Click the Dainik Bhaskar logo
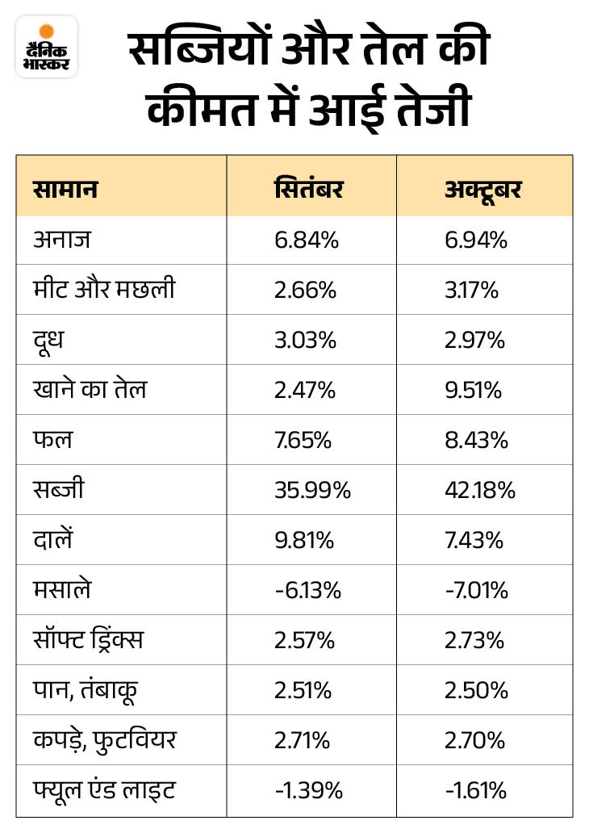coord(46,46)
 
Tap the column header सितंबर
coord(308,190)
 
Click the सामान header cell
coord(66,190)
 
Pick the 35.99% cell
coord(311,490)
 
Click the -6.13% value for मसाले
coord(307,590)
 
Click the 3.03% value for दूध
coord(305,340)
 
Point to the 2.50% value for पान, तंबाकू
coord(476,690)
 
